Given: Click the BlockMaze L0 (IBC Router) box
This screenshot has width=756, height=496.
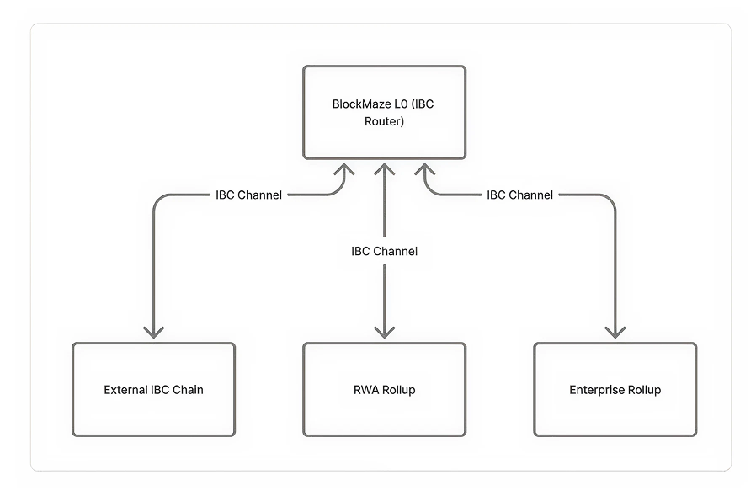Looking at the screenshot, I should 384,112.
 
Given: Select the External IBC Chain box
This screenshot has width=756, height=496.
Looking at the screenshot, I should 153,389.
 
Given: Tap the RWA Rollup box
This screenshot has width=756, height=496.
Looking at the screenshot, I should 384,389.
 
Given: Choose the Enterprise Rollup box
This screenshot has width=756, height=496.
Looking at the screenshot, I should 615,389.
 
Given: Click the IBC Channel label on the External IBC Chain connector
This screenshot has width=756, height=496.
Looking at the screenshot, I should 248,195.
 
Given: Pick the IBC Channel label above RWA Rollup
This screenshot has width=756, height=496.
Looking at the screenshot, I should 384,251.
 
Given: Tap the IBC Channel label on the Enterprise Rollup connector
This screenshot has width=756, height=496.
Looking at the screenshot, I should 519,195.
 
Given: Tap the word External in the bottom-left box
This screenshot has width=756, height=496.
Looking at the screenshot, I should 125,390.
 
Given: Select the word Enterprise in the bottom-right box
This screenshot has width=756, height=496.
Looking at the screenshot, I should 596,390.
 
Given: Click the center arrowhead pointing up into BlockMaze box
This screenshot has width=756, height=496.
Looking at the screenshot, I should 384,168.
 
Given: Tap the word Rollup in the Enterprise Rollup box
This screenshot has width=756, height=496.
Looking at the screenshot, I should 643,390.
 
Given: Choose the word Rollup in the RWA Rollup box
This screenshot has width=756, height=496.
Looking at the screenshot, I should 398,390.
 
